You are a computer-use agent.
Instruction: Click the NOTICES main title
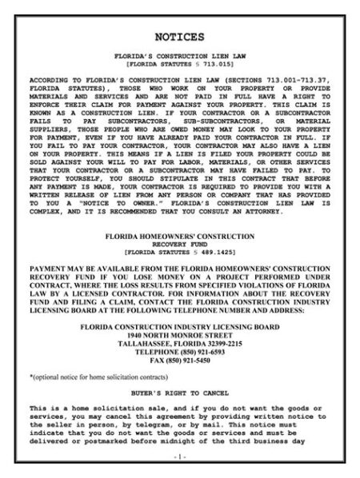180,37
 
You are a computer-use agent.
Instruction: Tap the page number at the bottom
180,456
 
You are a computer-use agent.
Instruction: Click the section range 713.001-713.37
296,82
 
